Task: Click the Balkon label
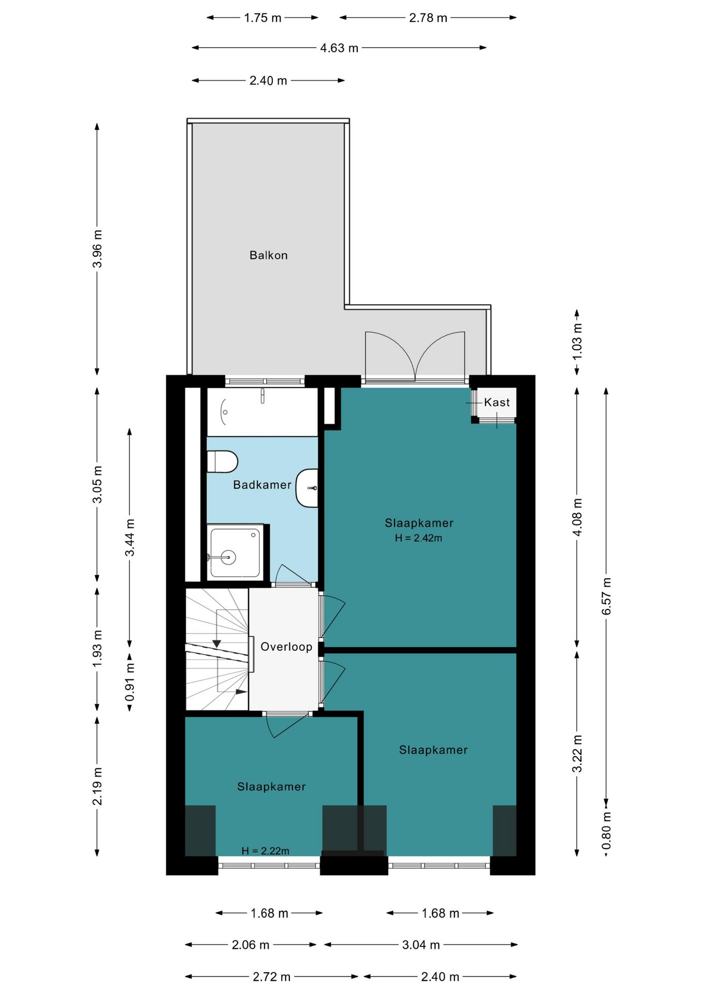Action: (x=268, y=255)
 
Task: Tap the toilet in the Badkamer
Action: (x=222, y=462)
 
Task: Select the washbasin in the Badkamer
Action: (x=307, y=488)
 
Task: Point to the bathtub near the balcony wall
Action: (x=262, y=412)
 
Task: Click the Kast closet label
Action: (x=497, y=402)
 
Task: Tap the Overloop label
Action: (x=286, y=647)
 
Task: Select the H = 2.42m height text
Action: (x=418, y=538)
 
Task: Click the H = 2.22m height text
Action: (x=265, y=851)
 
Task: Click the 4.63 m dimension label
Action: (x=339, y=48)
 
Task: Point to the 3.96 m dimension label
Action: (x=97, y=249)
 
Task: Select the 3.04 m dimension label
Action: (x=421, y=945)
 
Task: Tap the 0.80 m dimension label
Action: (x=606, y=831)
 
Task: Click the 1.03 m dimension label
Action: (x=577, y=342)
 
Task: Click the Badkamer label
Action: (x=262, y=485)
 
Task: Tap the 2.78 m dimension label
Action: (x=428, y=18)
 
